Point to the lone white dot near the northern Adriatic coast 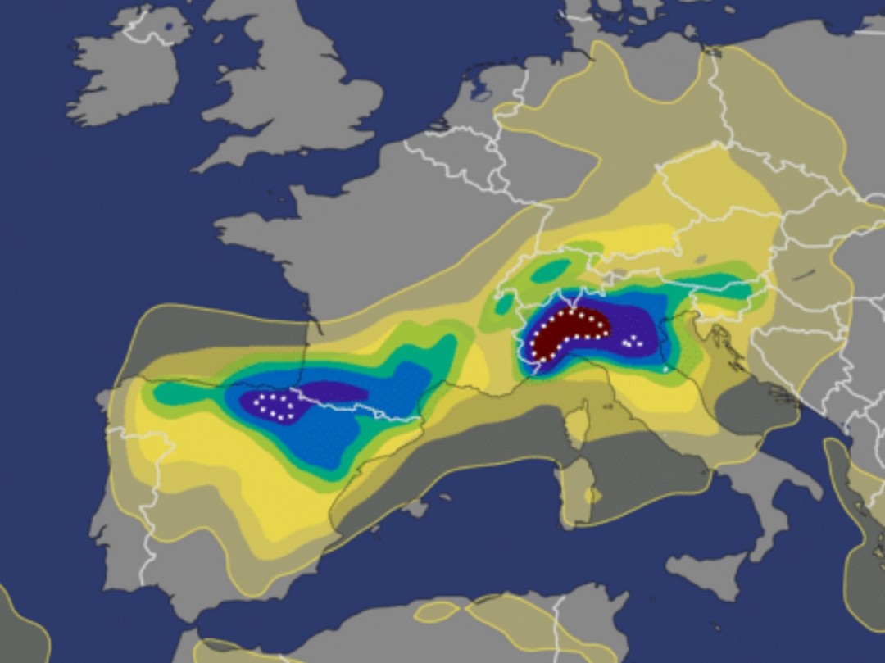coord(665,370)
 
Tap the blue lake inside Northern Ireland coord(168,27)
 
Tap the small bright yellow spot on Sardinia coord(592,495)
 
